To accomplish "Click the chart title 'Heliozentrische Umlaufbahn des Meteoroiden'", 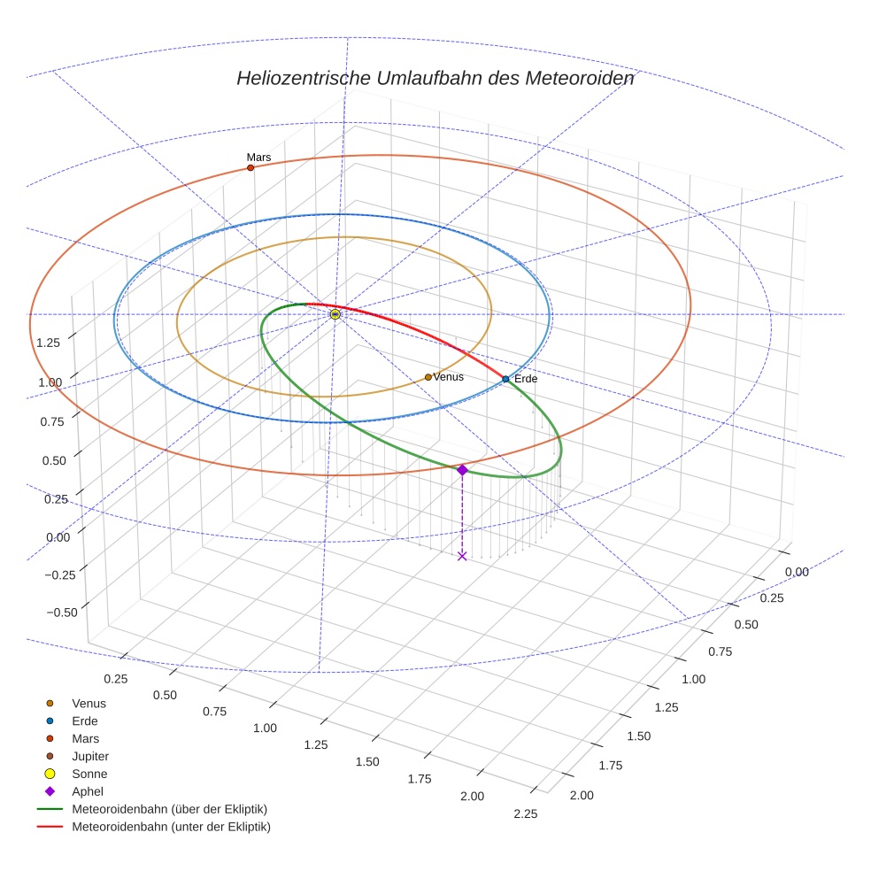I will pyautogui.click(x=435, y=78).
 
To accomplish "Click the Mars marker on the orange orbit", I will pyautogui.click(x=251, y=167).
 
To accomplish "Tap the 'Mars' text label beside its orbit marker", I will pyautogui.click(x=258, y=157).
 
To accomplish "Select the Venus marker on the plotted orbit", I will pyautogui.click(x=428, y=377).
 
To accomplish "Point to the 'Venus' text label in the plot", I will pyautogui.click(x=448, y=377).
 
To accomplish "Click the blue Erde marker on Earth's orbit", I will pyautogui.click(x=505, y=379).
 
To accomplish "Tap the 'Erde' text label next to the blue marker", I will pyautogui.click(x=526, y=379).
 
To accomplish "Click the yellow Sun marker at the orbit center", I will pyautogui.click(x=335, y=314).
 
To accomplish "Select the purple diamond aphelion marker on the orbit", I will pyautogui.click(x=462, y=470).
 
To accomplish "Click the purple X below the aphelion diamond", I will pyautogui.click(x=462, y=556).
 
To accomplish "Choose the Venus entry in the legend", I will pyautogui.click(x=89, y=704).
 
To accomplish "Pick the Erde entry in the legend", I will pyautogui.click(x=85, y=721).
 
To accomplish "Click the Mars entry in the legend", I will pyautogui.click(x=85, y=739).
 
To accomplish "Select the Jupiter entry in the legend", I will pyautogui.click(x=90, y=757).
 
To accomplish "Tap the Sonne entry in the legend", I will pyautogui.click(x=89, y=775).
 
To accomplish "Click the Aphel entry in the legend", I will pyautogui.click(x=88, y=792).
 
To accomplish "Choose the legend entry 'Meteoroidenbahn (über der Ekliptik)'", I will pyautogui.click(x=169, y=810).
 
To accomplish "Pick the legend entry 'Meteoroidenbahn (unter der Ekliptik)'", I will pyautogui.click(x=171, y=828).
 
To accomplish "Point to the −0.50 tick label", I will pyautogui.click(x=59, y=612).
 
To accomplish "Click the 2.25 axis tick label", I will pyautogui.click(x=525, y=814).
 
